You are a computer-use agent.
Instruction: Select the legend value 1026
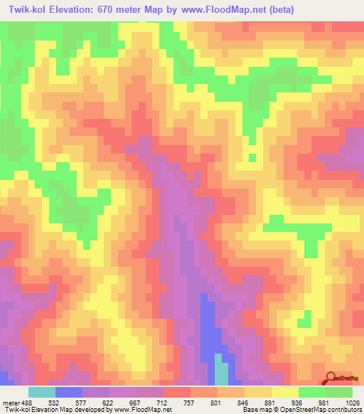(353, 402)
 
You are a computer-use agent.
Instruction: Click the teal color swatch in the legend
(42, 392)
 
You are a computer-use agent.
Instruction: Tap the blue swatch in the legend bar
(69, 392)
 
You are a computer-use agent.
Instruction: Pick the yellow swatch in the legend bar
(284, 392)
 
